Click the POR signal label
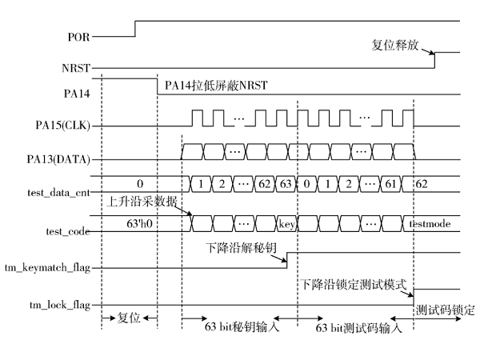point(78,37)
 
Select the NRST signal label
point(76,68)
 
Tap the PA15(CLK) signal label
point(62,126)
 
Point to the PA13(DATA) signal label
point(58,159)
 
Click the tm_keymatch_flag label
point(48,268)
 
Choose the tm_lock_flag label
point(60,306)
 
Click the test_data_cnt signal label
point(58,193)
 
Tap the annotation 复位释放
point(395,45)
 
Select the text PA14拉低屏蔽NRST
point(216,85)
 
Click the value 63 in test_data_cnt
point(286,184)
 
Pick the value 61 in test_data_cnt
point(390,184)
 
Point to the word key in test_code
point(287,224)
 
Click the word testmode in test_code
point(430,224)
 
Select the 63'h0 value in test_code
point(139,224)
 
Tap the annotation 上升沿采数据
point(142,201)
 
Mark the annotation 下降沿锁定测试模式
point(354,284)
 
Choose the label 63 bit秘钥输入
point(242,326)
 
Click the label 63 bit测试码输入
point(358,328)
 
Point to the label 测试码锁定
point(446,310)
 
